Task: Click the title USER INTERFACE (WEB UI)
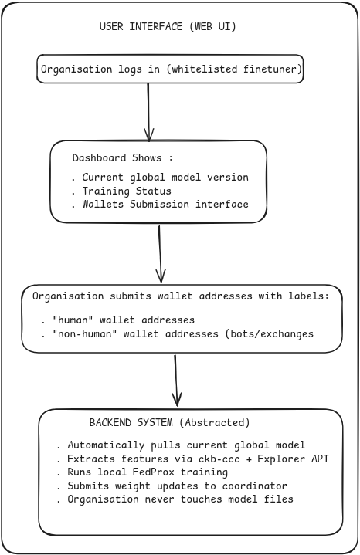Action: [168, 26]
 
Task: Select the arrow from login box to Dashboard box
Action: [148, 112]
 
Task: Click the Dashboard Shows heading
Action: [122, 157]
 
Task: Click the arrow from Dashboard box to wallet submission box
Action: [160, 254]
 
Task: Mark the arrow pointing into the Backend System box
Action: [175, 381]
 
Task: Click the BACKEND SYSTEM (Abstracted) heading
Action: [169, 422]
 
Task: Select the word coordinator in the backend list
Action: [254, 486]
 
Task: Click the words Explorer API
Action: [294, 459]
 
